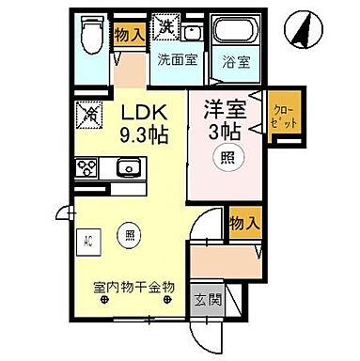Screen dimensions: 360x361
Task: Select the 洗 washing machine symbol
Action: [x=166, y=25]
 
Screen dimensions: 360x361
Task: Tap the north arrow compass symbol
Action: [x=304, y=28]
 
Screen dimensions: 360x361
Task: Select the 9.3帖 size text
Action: [x=144, y=134]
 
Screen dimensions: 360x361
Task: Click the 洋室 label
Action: [x=226, y=109]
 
